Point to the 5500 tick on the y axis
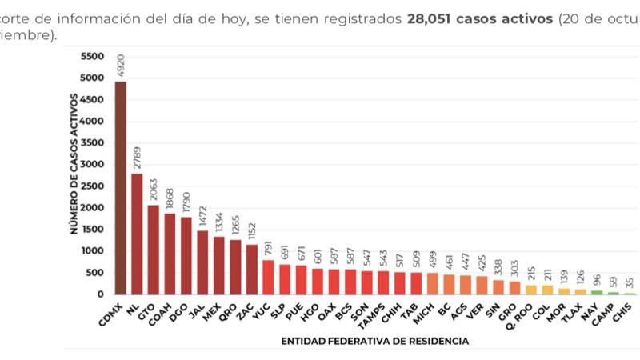[x=93, y=57]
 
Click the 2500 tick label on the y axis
[x=93, y=186]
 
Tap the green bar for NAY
[x=597, y=292]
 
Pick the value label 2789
[x=138, y=156]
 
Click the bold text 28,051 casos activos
[x=479, y=18]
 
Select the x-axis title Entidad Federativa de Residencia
[x=374, y=342]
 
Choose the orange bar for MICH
[x=431, y=283]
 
